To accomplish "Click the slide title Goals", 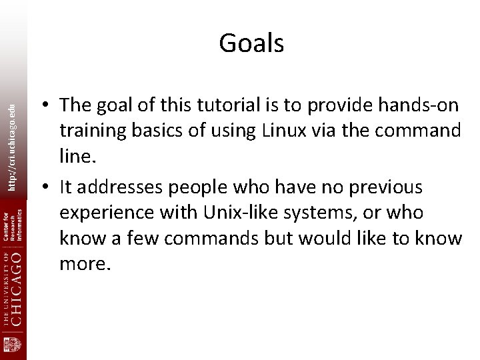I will coord(251,43).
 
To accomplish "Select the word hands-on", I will coord(419,105).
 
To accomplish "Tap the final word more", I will coord(83,263).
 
